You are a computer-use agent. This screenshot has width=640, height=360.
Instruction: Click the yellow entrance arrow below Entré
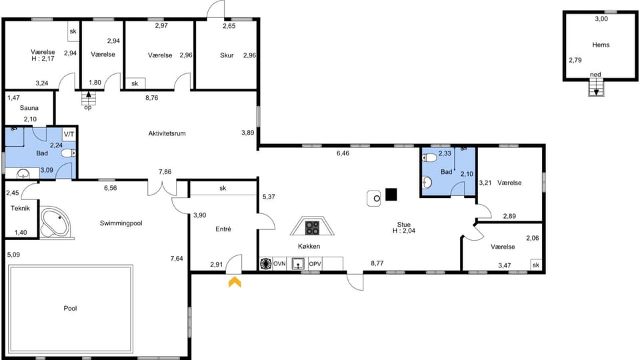tap(235, 282)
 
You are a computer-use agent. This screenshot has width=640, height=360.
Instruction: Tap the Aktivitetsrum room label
tap(167, 134)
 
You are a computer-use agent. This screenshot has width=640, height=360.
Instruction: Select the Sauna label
tap(29, 108)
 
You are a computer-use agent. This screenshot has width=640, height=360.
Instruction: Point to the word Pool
tap(71, 309)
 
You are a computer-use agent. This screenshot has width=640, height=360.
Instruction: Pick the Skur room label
tap(227, 55)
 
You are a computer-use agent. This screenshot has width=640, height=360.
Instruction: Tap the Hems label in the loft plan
tap(601, 45)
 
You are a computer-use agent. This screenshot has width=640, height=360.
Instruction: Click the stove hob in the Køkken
tap(312, 228)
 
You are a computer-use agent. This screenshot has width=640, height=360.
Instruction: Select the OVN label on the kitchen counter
tap(279, 264)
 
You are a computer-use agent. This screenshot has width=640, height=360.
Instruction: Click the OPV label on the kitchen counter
tap(315, 264)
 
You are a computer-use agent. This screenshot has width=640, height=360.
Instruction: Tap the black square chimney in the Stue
tap(391, 195)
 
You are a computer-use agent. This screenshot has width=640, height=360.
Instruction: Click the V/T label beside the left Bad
tap(69, 133)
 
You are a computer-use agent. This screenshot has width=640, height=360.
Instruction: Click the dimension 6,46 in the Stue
tap(343, 153)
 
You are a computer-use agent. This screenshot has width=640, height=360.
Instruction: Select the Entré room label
tap(223, 229)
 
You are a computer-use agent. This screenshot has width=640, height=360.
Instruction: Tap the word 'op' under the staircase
tap(87, 107)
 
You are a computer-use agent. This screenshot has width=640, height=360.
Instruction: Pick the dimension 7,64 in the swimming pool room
tap(176, 258)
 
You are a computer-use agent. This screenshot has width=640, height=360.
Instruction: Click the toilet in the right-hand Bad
tap(430, 158)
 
